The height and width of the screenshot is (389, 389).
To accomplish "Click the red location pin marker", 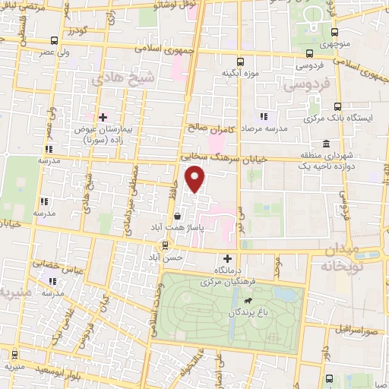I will [196, 180].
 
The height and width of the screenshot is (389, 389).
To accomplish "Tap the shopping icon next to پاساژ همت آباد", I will [177, 215].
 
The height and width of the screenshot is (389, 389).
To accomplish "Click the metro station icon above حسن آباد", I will [164, 245].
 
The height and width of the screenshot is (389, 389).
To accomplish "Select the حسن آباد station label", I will [167, 258].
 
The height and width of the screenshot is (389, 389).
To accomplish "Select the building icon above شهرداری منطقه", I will [326, 144].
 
